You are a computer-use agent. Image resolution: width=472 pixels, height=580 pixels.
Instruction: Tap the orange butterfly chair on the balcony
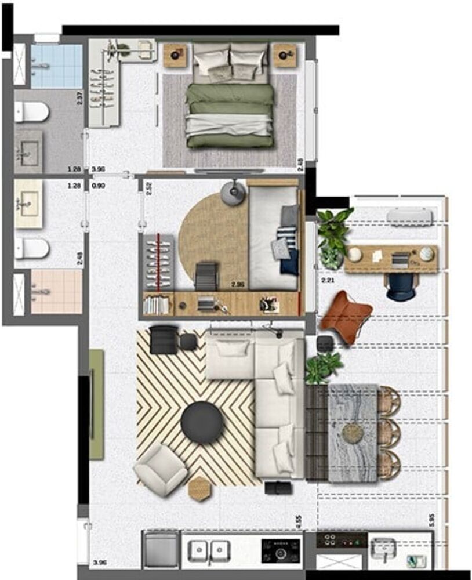[x=346, y=318]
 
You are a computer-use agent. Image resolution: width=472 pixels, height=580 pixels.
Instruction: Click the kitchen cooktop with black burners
[x=281, y=550]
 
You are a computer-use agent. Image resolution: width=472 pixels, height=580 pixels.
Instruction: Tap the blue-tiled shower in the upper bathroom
[x=56, y=66]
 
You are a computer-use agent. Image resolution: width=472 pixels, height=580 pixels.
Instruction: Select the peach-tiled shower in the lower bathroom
[x=56, y=292]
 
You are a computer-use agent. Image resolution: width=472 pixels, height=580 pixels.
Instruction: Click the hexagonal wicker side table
[x=199, y=488]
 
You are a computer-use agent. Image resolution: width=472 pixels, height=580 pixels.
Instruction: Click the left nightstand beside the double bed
[x=175, y=56]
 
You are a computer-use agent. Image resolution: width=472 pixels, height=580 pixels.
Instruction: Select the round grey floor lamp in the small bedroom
[x=234, y=193]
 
